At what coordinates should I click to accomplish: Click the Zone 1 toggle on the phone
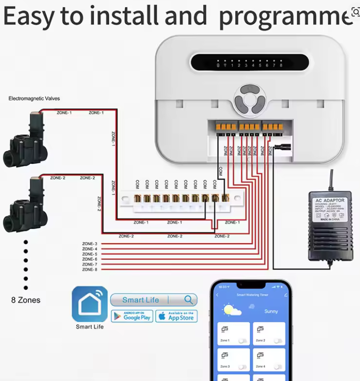click(242, 341)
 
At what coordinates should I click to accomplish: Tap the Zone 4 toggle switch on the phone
click(277, 367)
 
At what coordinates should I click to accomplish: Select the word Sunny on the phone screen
click(271, 312)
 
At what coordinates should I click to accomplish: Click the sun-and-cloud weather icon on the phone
click(233, 311)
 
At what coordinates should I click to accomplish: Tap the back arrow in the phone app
click(218, 295)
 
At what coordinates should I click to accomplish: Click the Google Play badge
click(132, 316)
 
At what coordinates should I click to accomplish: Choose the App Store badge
click(176, 316)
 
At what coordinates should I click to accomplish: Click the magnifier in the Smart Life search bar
click(189, 300)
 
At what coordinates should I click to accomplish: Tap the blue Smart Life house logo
click(90, 304)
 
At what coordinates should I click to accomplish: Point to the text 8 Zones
click(26, 300)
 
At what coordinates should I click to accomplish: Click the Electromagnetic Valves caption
click(34, 99)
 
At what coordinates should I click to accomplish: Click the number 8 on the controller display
click(281, 66)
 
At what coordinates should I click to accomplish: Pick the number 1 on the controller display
click(232, 66)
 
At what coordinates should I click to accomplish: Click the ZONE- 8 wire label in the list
click(89, 269)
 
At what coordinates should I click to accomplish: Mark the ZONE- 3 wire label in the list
click(89, 244)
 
